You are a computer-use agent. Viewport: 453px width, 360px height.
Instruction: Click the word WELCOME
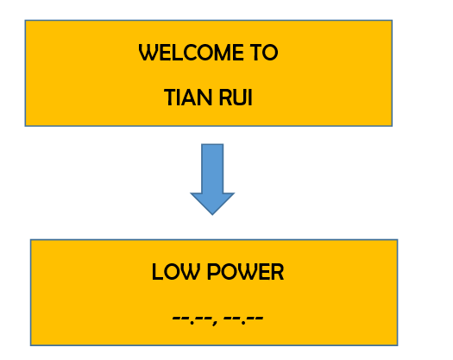pyautogui.click(x=191, y=53)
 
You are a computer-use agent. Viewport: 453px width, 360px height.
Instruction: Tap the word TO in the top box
pyautogui.click(x=265, y=53)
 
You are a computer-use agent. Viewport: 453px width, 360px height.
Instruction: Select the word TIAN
pyautogui.click(x=188, y=98)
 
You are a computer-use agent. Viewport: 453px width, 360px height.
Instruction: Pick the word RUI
pyautogui.click(x=236, y=98)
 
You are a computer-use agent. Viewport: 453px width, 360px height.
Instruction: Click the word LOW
pyautogui.click(x=176, y=272)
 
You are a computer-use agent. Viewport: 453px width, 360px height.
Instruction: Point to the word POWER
pyautogui.click(x=246, y=272)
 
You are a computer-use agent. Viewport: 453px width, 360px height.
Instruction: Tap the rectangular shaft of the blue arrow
pyautogui.click(x=212, y=168)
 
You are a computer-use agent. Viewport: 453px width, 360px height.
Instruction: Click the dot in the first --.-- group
pyautogui.click(x=192, y=322)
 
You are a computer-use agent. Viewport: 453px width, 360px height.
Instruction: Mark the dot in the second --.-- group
pyautogui.click(x=243, y=322)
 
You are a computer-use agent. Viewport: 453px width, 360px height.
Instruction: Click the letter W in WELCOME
pyautogui.click(x=148, y=53)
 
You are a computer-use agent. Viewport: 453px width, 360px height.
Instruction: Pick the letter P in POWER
pyautogui.click(x=213, y=272)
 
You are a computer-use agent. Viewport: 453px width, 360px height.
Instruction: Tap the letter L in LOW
pyautogui.click(x=156, y=272)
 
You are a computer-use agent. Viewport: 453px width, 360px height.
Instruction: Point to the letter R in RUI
pyautogui.click(x=225, y=98)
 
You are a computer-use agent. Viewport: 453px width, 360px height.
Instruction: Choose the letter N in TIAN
pyautogui.click(x=205, y=98)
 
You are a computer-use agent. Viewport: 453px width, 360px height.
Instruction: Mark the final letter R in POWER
pyautogui.click(x=278, y=272)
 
